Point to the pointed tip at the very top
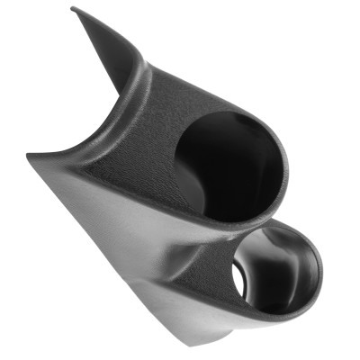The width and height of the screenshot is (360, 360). [74, 10]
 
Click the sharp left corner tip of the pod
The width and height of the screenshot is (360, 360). [29, 155]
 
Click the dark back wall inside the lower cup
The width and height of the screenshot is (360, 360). [279, 279]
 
